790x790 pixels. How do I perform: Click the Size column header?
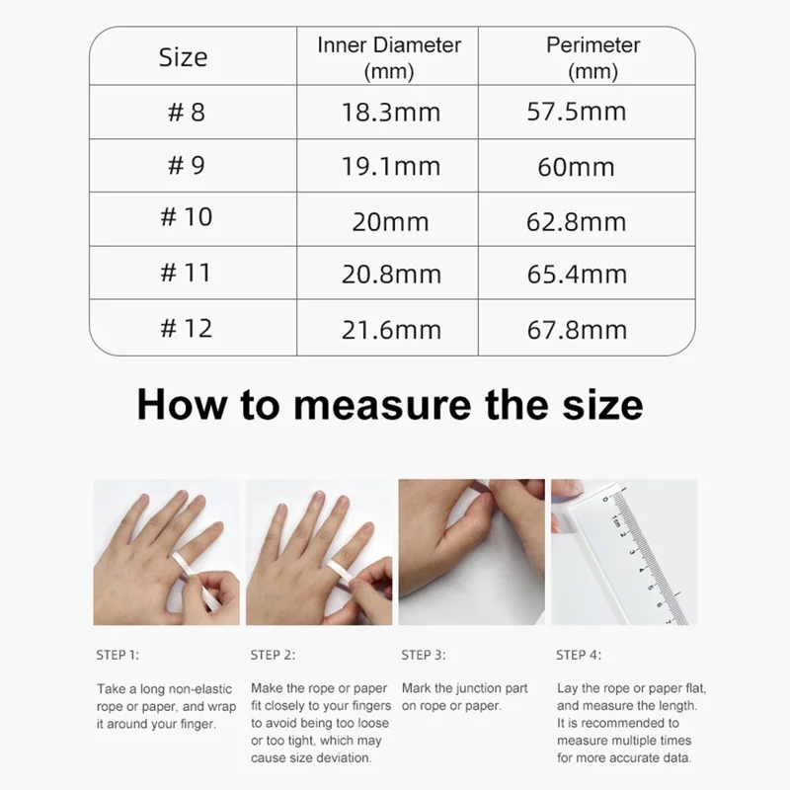(x=183, y=57)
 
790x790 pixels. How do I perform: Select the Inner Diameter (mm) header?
(x=389, y=58)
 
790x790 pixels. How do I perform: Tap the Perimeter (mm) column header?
(x=593, y=58)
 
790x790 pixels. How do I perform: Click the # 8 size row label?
(x=187, y=112)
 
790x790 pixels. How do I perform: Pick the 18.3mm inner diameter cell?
(x=391, y=112)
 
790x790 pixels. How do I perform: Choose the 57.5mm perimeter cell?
(x=577, y=112)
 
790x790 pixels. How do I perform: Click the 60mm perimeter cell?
(x=576, y=167)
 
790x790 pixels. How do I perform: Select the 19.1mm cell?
(x=391, y=166)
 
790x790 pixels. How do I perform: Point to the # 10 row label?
(x=187, y=216)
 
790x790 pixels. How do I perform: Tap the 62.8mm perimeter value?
(x=577, y=221)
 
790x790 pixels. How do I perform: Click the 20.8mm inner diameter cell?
(x=391, y=275)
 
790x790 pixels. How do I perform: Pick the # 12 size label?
(x=187, y=328)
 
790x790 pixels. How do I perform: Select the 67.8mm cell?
(x=577, y=330)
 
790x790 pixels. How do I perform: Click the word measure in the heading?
(x=382, y=405)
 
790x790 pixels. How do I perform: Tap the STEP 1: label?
(x=118, y=655)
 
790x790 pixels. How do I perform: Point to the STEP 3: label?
(x=424, y=655)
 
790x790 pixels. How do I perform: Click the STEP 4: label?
(x=579, y=655)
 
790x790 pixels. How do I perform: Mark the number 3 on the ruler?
(x=632, y=552)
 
